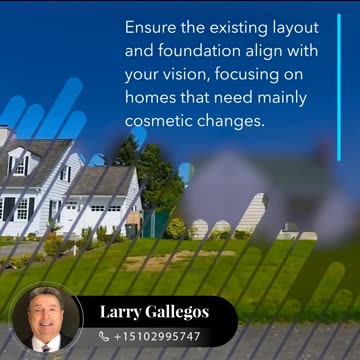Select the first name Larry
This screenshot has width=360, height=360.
pos(122,313)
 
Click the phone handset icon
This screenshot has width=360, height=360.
pos(104,337)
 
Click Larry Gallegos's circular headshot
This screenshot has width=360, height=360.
pos(46,319)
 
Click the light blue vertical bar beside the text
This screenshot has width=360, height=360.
pos(339,85)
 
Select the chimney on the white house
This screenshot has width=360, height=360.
pos(5,135)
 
